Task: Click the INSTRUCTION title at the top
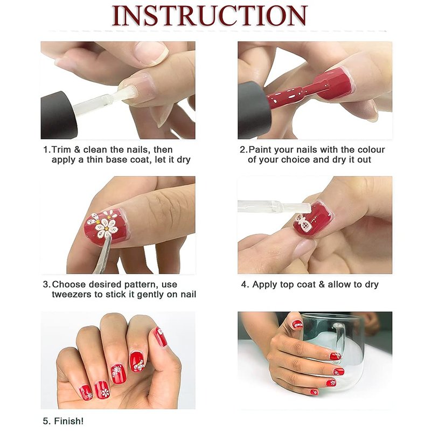(210, 16)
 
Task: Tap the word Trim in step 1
(61, 150)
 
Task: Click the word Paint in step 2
(260, 150)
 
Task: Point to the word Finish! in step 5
(69, 421)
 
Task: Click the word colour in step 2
(371, 150)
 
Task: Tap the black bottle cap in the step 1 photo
(58, 115)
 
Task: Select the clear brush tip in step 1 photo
(128, 93)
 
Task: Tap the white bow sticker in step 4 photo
(303, 224)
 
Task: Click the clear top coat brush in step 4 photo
(275, 207)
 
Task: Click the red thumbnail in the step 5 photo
(161, 337)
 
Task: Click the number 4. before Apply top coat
(245, 284)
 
